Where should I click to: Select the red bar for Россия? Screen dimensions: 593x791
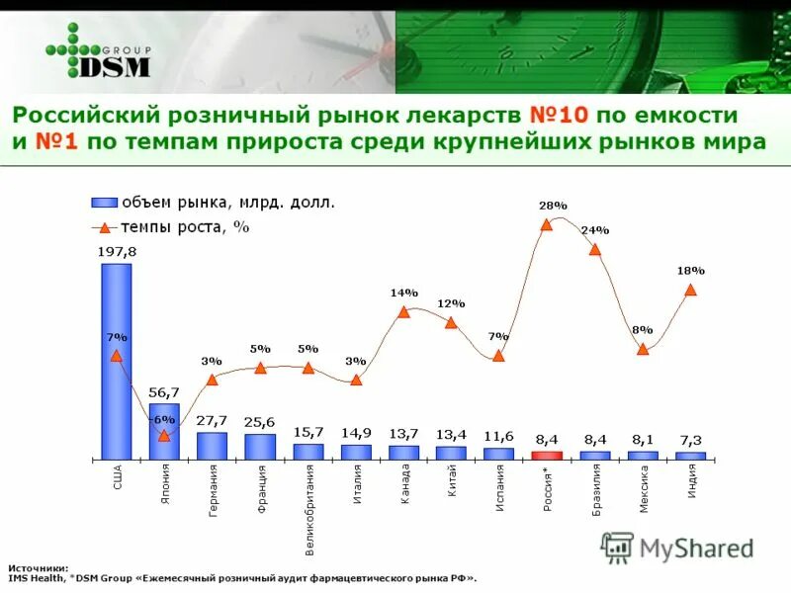pyautogui.click(x=547, y=456)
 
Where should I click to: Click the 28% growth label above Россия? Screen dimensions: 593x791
pyautogui.click(x=553, y=206)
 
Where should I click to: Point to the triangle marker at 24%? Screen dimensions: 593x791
pyautogui.click(x=595, y=250)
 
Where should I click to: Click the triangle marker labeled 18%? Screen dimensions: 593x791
pyautogui.click(x=690, y=291)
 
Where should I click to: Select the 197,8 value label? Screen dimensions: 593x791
pyautogui.click(x=117, y=252)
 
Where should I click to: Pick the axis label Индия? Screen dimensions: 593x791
pyautogui.click(x=691, y=481)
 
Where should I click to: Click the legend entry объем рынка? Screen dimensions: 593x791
pyautogui.click(x=228, y=203)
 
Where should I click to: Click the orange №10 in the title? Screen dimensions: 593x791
pyautogui.click(x=560, y=115)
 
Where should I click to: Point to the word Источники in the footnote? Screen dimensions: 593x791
pyautogui.click(x=38, y=568)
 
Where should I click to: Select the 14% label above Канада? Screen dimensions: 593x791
pyautogui.click(x=404, y=293)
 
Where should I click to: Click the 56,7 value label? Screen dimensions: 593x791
pyautogui.click(x=164, y=392)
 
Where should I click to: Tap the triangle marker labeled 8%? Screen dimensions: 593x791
pyautogui.click(x=643, y=349)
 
